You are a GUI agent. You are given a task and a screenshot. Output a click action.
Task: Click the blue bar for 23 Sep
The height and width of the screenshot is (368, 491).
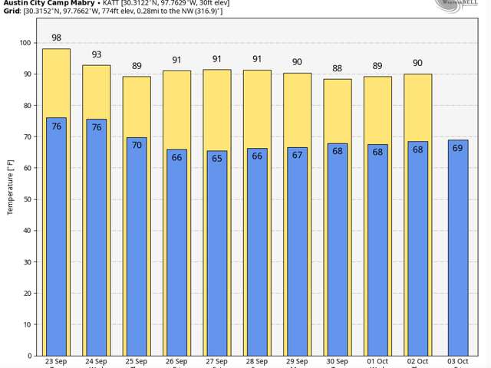[x=56, y=238]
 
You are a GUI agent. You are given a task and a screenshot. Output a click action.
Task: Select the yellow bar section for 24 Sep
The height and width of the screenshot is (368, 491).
[x=97, y=92]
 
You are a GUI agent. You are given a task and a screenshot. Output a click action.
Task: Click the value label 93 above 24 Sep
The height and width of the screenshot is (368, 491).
[x=97, y=54]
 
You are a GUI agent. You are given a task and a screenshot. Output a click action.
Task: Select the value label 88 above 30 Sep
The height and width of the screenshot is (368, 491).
[x=338, y=69]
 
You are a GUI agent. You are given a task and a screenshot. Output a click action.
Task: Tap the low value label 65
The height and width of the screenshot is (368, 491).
[x=217, y=158]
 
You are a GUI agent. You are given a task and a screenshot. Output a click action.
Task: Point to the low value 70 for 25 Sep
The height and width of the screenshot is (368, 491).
[x=137, y=145]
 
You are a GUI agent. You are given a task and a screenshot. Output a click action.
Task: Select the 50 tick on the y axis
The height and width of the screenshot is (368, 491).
[x=28, y=199]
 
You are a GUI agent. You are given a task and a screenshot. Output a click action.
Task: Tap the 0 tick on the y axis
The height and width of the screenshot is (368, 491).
[x=30, y=356]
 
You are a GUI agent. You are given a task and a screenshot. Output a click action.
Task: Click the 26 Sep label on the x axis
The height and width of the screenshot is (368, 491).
[x=176, y=362]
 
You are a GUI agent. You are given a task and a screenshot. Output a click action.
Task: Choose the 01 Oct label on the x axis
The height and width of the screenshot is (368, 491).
[x=377, y=362]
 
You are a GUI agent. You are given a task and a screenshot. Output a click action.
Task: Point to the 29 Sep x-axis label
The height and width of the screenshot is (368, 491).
[x=297, y=362]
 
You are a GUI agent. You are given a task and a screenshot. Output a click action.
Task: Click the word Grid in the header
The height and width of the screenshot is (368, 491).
[x=11, y=11]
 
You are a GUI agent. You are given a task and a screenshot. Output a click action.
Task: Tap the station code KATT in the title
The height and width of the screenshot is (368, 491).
[x=112, y=2]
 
